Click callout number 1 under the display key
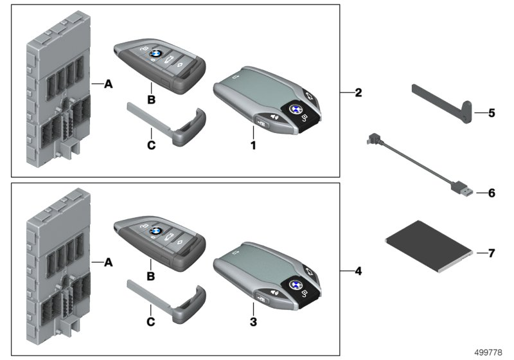pos(254,145)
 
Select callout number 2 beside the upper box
pos(359,93)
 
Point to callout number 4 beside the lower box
pos(359,271)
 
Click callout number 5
pos(491,113)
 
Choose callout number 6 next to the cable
pos(491,192)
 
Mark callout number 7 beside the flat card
pos(491,253)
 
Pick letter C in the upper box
pos(152,146)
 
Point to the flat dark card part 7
pos(427,246)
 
